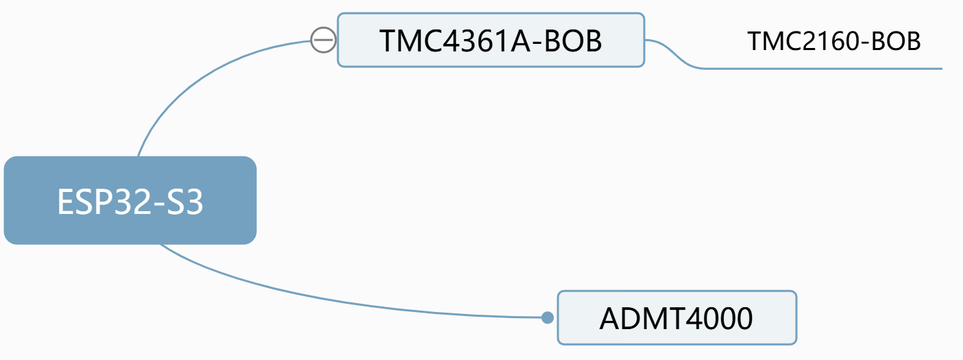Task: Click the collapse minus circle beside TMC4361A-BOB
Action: coord(323,40)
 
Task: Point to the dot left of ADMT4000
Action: coord(547,317)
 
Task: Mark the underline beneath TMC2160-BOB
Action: coord(822,69)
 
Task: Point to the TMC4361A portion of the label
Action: coord(452,41)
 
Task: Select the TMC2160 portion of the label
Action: coord(799,42)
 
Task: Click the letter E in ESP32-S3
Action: coord(65,202)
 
